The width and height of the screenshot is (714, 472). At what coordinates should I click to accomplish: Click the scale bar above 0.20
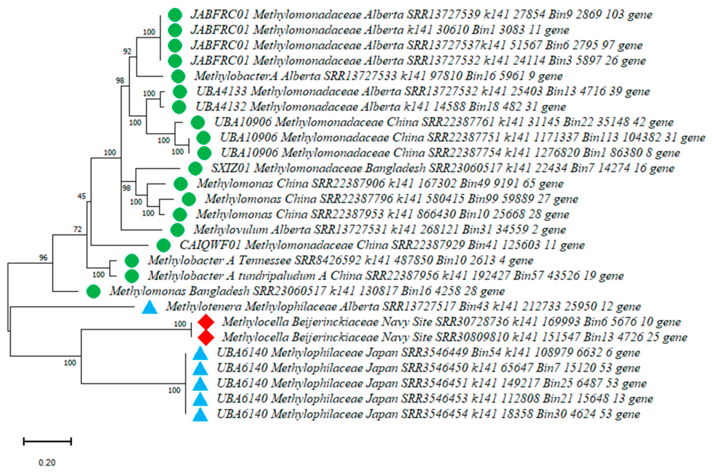48,441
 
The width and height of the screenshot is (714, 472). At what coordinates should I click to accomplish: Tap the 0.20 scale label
47,463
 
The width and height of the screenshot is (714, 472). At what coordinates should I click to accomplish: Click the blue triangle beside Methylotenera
150,307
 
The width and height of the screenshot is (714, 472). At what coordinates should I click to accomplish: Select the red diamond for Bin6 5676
206,322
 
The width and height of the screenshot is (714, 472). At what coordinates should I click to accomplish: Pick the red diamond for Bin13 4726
206,338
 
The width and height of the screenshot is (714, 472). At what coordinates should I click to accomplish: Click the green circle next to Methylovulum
177,229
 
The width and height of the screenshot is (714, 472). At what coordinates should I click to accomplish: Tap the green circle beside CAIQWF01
163,245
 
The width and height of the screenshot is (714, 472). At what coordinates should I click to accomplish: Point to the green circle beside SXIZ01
195,168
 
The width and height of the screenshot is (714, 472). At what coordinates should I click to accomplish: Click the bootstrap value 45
81,196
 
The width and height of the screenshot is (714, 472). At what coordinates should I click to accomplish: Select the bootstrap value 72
78,229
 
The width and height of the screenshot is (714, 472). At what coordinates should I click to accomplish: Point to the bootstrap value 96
43,258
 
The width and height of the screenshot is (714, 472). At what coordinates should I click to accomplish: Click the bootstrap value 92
127,51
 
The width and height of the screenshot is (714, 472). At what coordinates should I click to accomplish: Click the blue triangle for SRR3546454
200,414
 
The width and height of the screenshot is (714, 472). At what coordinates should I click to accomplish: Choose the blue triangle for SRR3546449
200,353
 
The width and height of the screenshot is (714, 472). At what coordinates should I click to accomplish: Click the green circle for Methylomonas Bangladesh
93,291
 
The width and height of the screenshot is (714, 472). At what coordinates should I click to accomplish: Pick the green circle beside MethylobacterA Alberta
178,76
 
